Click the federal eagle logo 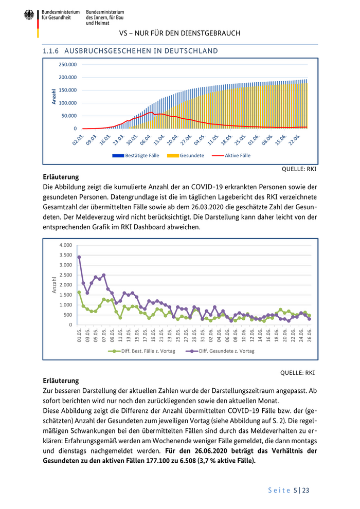pos(29,15)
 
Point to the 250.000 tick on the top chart pos(67,65)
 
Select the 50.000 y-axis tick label pos(69,116)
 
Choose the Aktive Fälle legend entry pos(231,155)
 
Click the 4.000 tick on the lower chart pos(65,245)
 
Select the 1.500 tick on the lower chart pos(65,295)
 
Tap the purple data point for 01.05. pos(79,257)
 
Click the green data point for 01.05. pos(79,293)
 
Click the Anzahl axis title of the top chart pos(55,96)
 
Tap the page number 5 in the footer pos(296,490)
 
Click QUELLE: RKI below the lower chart pos(298,373)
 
